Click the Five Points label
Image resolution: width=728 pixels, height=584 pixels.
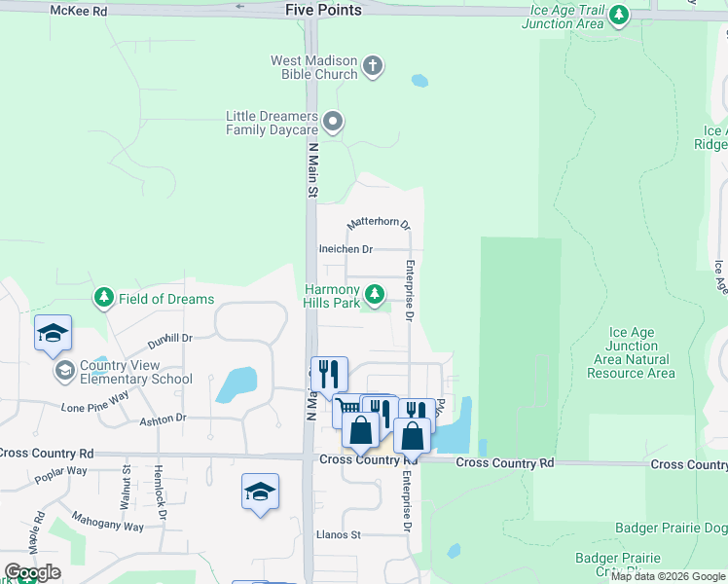point(323,10)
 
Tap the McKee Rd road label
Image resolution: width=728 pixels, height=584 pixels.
point(79,10)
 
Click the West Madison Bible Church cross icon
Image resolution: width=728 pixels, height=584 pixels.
point(372,67)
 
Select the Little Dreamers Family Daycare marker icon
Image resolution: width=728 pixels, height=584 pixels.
point(333,122)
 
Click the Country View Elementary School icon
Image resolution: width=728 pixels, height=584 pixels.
point(64,371)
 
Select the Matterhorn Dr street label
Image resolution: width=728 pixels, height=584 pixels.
point(379,224)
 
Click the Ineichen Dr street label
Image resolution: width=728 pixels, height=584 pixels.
point(346,249)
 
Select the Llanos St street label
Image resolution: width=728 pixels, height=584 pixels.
point(338,534)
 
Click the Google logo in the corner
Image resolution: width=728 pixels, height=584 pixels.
point(33,572)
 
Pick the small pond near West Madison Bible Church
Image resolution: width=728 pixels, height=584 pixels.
point(419,81)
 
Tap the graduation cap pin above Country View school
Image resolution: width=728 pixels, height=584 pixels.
point(53,334)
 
